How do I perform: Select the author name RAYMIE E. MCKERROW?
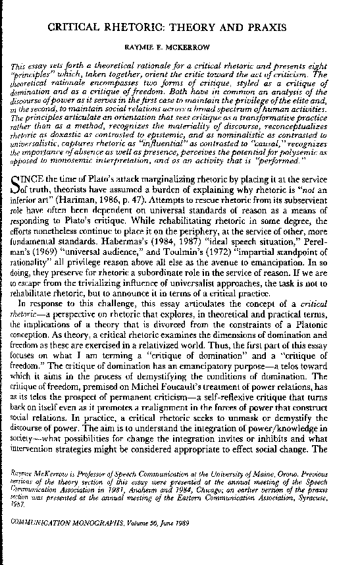click(x=180, y=48)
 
